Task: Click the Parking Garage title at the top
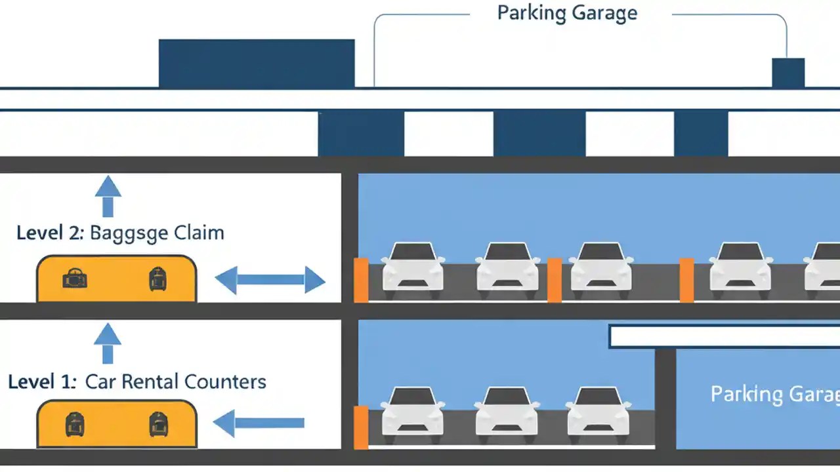pos(567,13)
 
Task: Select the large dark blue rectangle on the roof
pos(257,63)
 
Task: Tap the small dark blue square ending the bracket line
pos(787,73)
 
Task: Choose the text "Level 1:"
pos(43,382)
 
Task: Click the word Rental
pos(149,382)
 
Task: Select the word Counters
pos(225,382)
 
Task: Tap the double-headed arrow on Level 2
pos(270,280)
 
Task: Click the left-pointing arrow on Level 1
pos(259,423)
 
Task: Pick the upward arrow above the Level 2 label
pos(108,195)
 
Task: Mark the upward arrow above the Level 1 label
pos(108,344)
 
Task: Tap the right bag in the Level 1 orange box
pos(157,424)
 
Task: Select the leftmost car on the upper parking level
pos(412,267)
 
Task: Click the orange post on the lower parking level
pos(361,427)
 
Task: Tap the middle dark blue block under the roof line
pos(539,134)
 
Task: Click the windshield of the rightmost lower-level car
pos(598,397)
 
